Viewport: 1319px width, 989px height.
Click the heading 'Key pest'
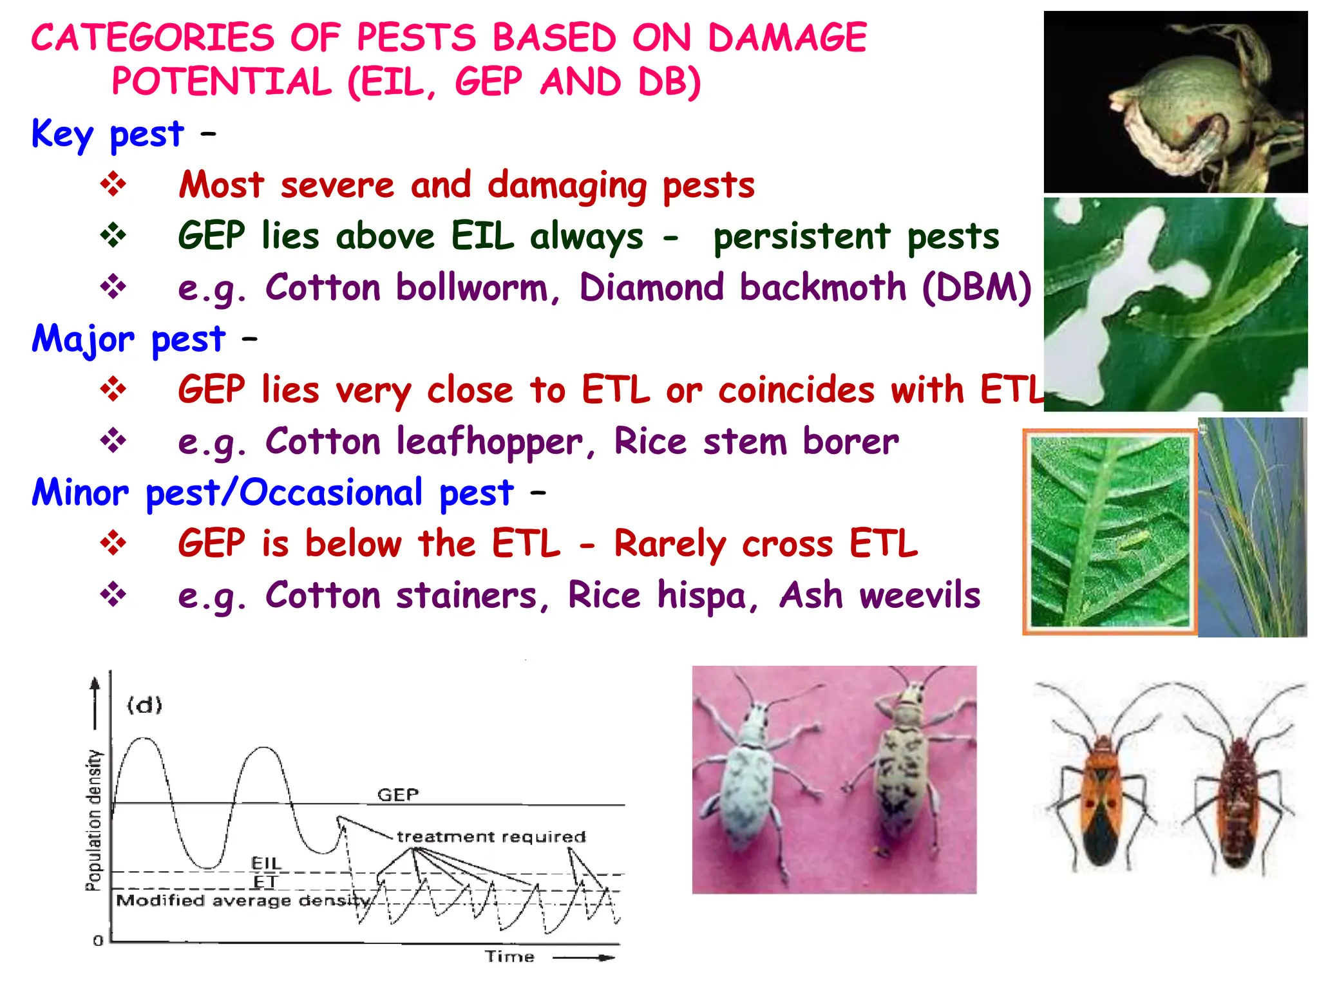pos(108,135)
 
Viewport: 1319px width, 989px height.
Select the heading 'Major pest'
pos(128,339)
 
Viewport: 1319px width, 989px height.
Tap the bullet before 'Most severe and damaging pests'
pos(113,184)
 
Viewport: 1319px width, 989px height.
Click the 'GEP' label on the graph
pos(397,795)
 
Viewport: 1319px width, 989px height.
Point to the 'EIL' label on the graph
pos(265,863)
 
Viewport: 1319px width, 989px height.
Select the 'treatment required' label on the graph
pos(491,836)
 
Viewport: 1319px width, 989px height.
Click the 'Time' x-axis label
pos(509,956)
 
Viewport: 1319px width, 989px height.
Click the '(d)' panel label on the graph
pos(144,705)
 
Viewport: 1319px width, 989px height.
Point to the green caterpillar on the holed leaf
pos(1211,303)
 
